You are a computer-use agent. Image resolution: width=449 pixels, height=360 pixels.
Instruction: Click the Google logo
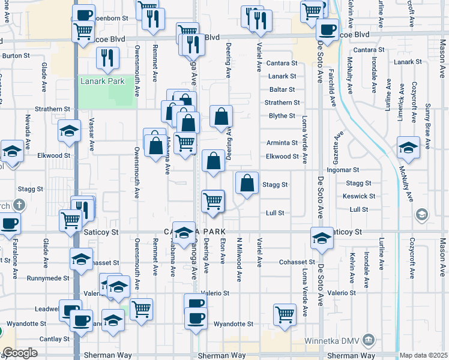(20, 353)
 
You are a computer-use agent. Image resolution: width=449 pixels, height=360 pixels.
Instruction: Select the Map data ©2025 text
(423, 355)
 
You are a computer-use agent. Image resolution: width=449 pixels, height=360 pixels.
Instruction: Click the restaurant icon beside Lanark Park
(109, 58)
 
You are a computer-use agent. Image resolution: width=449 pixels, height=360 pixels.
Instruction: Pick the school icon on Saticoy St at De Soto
(322, 238)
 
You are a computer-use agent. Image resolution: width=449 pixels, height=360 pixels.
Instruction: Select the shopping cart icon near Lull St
(213, 201)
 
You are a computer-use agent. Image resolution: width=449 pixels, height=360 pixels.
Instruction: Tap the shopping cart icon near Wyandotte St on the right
(285, 314)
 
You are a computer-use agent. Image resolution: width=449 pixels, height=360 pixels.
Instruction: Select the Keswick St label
(358, 196)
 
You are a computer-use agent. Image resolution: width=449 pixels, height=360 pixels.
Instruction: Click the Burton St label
(16, 56)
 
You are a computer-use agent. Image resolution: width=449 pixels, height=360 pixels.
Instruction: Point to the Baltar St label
(282, 89)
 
